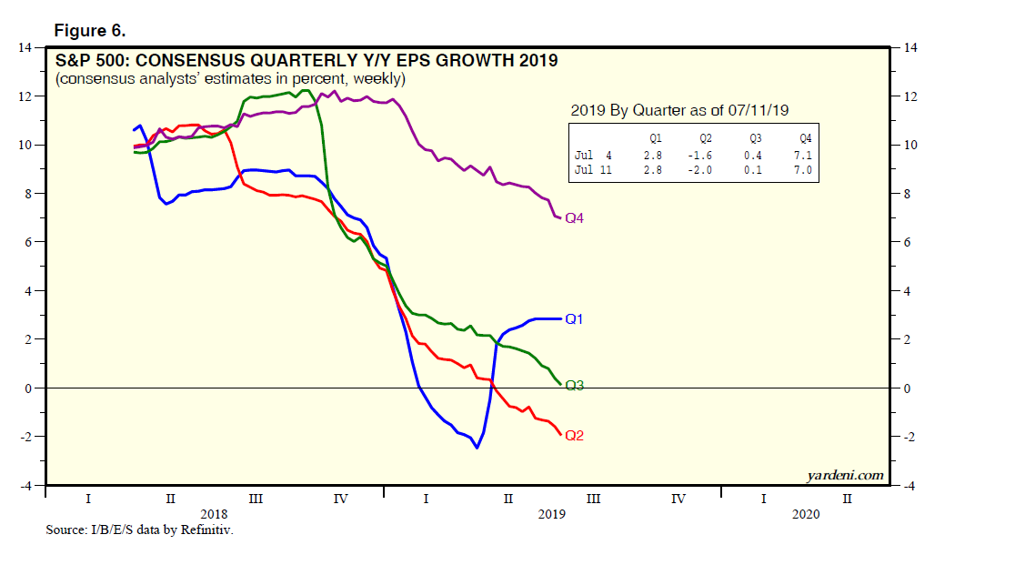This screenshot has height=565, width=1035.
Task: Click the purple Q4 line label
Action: point(575,218)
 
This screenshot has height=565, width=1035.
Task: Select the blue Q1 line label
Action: point(574,318)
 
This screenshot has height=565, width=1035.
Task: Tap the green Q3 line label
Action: point(575,386)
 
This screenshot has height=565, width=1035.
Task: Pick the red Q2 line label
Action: point(575,435)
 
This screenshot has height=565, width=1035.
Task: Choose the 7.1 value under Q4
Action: point(804,156)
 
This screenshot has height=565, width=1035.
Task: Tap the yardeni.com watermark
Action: point(845,475)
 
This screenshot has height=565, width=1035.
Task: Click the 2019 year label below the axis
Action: point(551,514)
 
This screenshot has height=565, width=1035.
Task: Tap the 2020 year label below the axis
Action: point(805,514)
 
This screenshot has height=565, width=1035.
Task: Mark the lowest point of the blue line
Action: point(476,448)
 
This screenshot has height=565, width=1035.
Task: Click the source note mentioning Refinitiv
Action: point(140,529)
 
